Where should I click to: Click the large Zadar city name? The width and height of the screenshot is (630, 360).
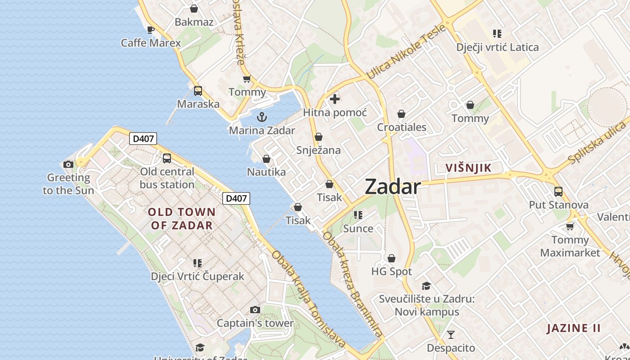pos(393,186)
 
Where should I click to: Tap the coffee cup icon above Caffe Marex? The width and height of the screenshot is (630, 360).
pos(151,30)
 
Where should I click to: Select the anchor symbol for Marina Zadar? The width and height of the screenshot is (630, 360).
pos(261,117)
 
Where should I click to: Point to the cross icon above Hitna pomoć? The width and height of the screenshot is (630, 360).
pos(335,99)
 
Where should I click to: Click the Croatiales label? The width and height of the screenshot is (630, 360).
pos(401,127)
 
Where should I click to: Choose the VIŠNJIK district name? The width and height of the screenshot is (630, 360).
pos(468,168)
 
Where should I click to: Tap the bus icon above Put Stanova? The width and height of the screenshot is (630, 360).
pos(558,191)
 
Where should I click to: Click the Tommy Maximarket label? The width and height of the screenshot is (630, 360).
pos(570,246)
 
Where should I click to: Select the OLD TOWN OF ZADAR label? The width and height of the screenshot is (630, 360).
pos(182,218)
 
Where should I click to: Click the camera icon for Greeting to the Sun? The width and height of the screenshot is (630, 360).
pos(68,164)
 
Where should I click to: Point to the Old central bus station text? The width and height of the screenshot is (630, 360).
pos(167,178)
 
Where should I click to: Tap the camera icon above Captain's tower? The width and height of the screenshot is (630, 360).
pos(255,310)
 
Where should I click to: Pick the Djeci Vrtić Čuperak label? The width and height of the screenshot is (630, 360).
pos(198,276)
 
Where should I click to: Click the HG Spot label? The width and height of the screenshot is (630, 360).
pos(391,272)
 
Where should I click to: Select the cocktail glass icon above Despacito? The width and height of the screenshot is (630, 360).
pos(450,334)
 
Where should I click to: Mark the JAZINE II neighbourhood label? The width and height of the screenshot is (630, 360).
pos(574,328)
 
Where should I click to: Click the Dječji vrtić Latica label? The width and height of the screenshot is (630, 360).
pos(497,47)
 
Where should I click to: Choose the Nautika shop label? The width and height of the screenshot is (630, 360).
pos(266,172)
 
